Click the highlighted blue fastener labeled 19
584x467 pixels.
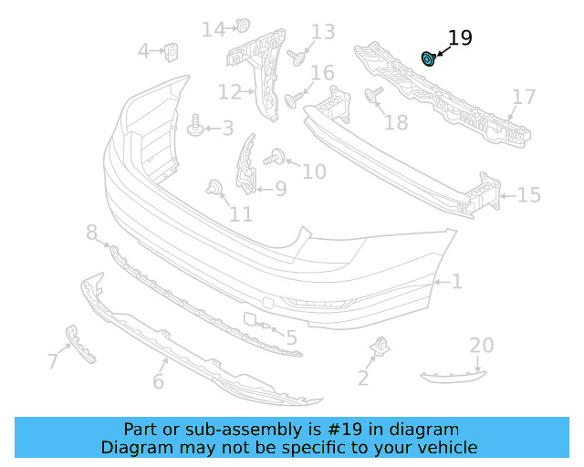(427, 59)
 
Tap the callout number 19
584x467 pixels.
(460, 38)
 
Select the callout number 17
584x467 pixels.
(524, 97)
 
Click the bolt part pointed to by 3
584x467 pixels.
(195, 127)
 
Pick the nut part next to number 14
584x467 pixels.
(243, 26)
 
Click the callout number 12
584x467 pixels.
(229, 92)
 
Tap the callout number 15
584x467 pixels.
(529, 194)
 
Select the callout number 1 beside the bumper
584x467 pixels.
(456, 282)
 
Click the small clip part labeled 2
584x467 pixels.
(381, 347)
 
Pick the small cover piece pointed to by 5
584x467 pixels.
(250, 319)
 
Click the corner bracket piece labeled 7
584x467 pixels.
(79, 344)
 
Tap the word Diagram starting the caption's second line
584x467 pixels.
(133, 447)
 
